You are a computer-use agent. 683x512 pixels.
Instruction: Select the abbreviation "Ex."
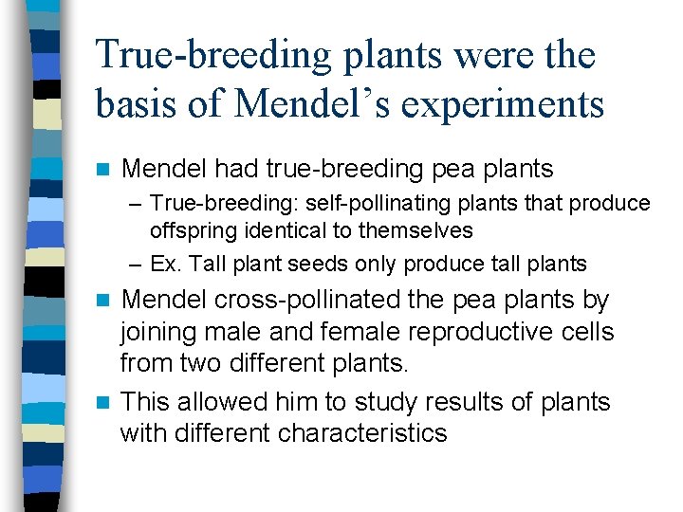165,264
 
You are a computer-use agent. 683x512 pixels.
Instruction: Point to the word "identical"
274,230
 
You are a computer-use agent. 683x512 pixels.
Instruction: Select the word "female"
327,333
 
